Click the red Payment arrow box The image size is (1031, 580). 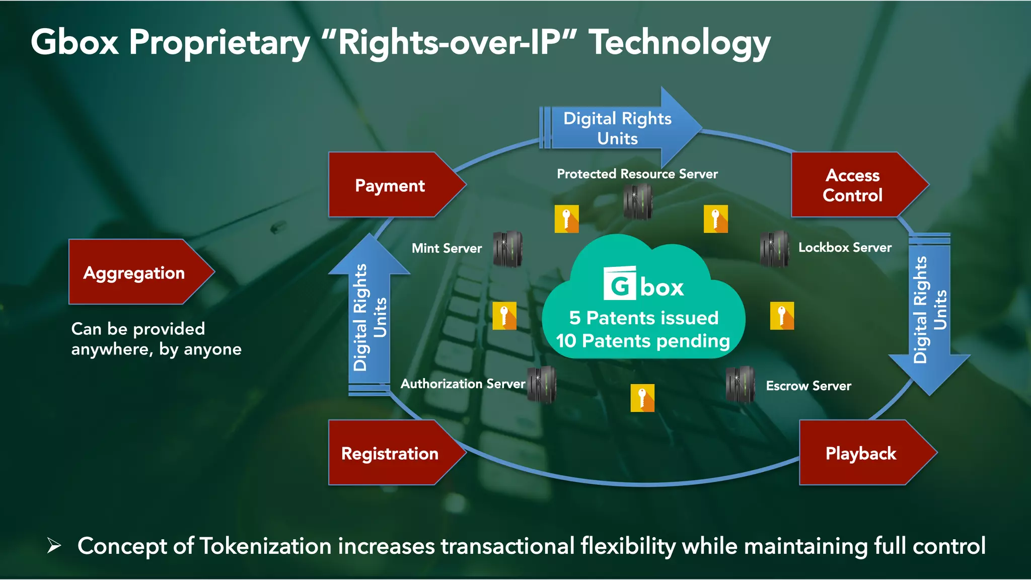(390, 185)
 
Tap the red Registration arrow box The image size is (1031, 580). (390, 453)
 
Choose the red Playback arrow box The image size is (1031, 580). (861, 453)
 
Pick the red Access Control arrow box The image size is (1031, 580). (853, 185)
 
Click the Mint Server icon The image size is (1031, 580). (507, 249)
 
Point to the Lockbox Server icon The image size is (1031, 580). (775, 249)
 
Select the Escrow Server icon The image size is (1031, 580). (741, 385)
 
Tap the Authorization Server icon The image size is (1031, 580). (542, 385)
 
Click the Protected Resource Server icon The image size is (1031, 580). (638, 201)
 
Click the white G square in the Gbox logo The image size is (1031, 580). (620, 283)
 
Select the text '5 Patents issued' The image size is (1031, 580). (643, 318)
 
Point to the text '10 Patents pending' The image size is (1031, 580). (643, 341)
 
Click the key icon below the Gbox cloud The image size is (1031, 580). (642, 398)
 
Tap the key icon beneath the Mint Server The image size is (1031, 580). (504, 316)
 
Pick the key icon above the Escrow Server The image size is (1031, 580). (782, 316)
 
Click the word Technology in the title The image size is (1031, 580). (680, 43)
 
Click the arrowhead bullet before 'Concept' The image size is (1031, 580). (54, 545)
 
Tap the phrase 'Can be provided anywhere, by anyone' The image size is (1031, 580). (156, 339)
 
